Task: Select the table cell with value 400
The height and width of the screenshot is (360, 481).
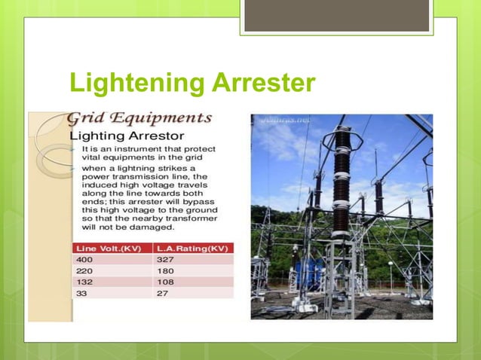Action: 84,259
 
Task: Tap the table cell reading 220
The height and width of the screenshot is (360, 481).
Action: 84,270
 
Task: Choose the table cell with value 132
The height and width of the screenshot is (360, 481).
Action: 84,282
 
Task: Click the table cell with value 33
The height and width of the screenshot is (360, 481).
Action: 81,294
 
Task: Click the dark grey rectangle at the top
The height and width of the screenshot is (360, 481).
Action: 336,15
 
